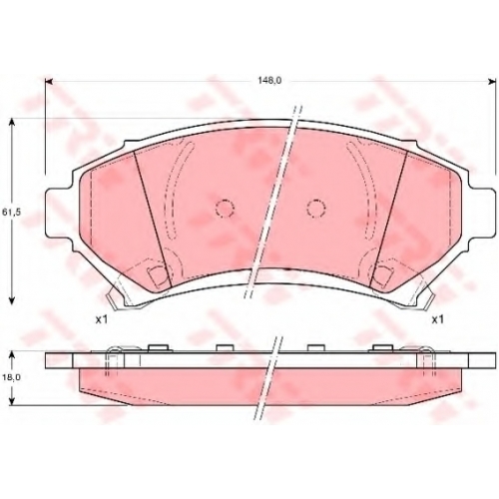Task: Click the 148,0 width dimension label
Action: (x=269, y=81)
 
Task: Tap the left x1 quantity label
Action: (x=101, y=320)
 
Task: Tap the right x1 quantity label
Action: (x=437, y=320)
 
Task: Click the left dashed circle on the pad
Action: (x=225, y=209)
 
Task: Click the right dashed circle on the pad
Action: (x=316, y=209)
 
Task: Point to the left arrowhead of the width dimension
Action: (x=49, y=82)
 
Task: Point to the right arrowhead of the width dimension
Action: (x=492, y=82)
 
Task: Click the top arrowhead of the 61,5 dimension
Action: (x=12, y=123)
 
